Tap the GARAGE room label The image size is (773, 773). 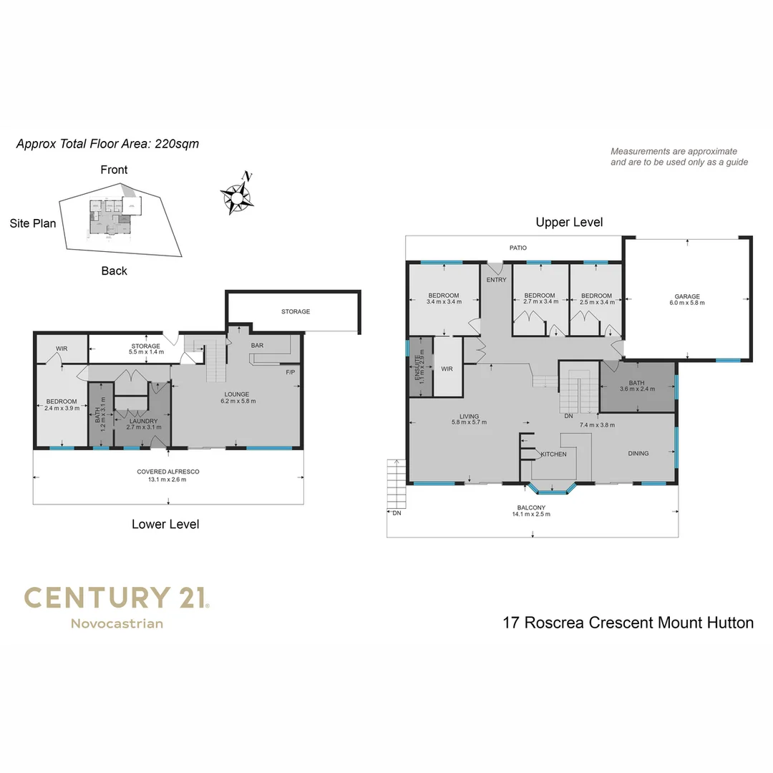[687, 296]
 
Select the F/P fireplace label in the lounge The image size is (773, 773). [290, 372]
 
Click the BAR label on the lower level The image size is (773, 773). [258, 346]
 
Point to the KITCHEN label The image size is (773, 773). [553, 454]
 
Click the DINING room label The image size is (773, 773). [638, 453]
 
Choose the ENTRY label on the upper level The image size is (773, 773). [496, 280]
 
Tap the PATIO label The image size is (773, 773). [517, 248]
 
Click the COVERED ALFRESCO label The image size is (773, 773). [167, 472]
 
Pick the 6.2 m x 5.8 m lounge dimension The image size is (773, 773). [236, 402]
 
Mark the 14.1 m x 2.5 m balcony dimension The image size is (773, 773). [531, 514]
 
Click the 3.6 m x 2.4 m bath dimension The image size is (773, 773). [636, 389]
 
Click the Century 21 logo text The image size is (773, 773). [116, 598]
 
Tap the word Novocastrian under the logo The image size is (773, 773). [117, 623]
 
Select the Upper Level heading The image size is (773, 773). [569, 222]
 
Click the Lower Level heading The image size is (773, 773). [165, 525]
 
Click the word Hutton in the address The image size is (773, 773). [730, 623]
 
